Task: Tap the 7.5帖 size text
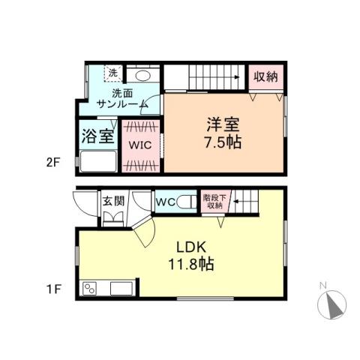(x=221, y=140)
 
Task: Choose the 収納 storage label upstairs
(x=265, y=76)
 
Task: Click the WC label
(x=165, y=201)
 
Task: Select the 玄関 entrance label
(x=114, y=201)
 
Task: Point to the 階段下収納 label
(x=213, y=201)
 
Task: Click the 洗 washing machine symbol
(x=112, y=73)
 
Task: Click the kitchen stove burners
(x=92, y=289)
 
